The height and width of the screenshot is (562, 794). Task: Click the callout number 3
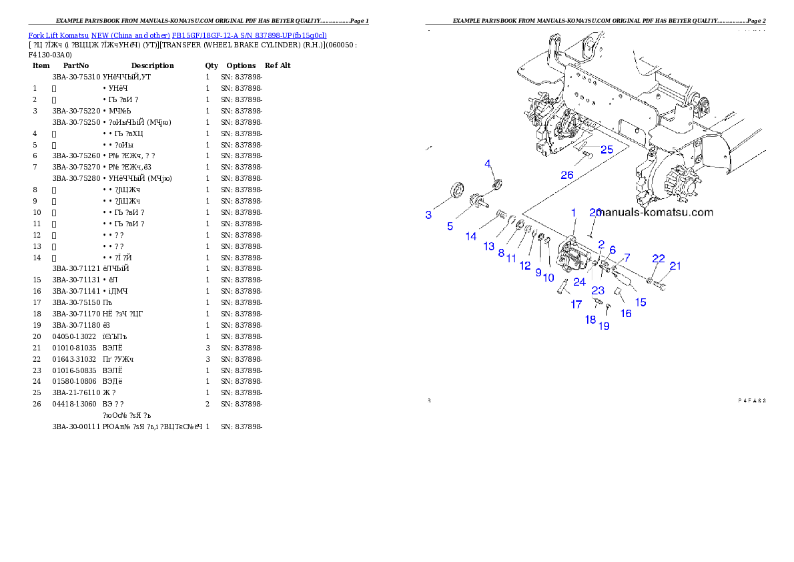pyautogui.click(x=428, y=215)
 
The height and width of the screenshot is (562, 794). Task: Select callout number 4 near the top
pyautogui.click(x=488, y=164)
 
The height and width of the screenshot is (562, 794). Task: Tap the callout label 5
pyautogui.click(x=450, y=226)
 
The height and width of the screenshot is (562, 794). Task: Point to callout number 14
pyautogui.click(x=471, y=236)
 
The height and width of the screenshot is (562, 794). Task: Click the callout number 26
pyautogui.click(x=566, y=175)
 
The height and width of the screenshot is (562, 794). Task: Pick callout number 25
pyautogui.click(x=606, y=150)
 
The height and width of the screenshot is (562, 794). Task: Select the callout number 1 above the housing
pyautogui.click(x=572, y=212)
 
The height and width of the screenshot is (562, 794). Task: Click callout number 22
pyautogui.click(x=658, y=258)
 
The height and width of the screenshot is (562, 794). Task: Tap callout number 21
pyautogui.click(x=675, y=266)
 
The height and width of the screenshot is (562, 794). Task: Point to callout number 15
pyautogui.click(x=640, y=302)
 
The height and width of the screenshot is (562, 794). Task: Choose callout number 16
pyautogui.click(x=625, y=313)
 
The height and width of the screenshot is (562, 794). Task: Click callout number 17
pyautogui.click(x=576, y=304)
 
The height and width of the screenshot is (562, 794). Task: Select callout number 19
pyautogui.click(x=604, y=326)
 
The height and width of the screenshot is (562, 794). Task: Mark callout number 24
pyautogui.click(x=579, y=282)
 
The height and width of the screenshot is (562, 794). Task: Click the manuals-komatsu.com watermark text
pyautogui.click(x=656, y=213)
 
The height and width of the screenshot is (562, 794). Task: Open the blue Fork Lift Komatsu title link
pyautogui.click(x=177, y=35)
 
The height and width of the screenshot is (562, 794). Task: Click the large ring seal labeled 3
pyautogui.click(x=457, y=190)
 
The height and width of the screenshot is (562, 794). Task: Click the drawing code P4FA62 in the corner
pyautogui.click(x=751, y=401)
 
